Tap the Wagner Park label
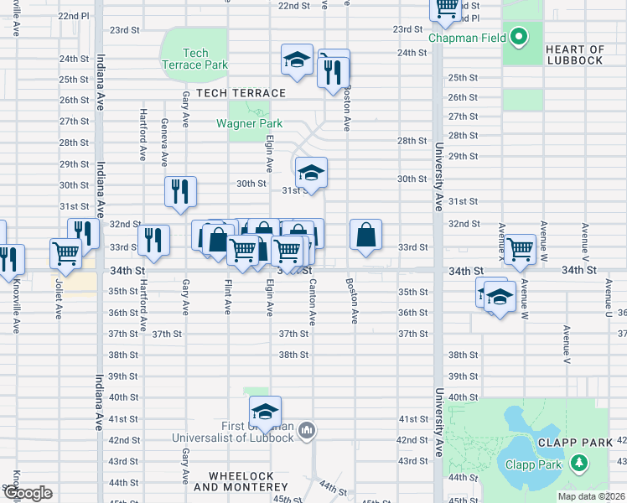249,123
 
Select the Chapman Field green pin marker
519,37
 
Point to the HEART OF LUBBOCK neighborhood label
574,54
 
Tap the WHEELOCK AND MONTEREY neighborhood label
241,481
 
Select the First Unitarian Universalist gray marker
308,431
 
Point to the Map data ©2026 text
591,496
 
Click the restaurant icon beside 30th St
180,191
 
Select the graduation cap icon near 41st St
265,412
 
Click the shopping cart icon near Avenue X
520,248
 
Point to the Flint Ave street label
227,297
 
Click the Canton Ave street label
313,306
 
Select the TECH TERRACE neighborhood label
241,93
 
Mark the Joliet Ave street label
59,296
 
